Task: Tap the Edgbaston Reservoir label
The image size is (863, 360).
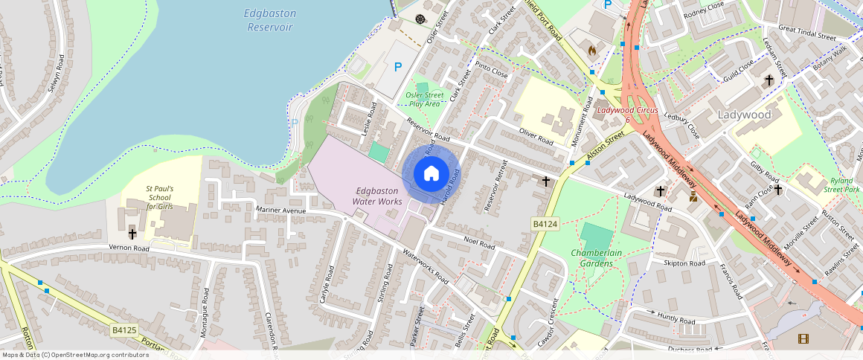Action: pos(269,20)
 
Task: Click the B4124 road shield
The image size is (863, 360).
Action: pos(545,224)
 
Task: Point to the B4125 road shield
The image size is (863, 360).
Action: pos(124,330)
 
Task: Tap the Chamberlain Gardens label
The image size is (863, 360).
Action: pos(596,258)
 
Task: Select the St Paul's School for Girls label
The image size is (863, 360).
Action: pos(160,198)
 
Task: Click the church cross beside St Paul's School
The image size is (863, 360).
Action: pos(132,234)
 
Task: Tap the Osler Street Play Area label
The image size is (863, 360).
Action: pos(425,99)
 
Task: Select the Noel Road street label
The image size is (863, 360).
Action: pos(479,242)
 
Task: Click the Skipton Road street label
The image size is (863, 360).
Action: pos(684,263)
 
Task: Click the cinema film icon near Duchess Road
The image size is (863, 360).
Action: pos(803,338)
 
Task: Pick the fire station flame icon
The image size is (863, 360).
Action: pos(592,51)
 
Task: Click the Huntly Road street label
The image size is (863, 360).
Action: pos(676,320)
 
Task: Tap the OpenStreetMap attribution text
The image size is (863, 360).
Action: pos(74,355)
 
